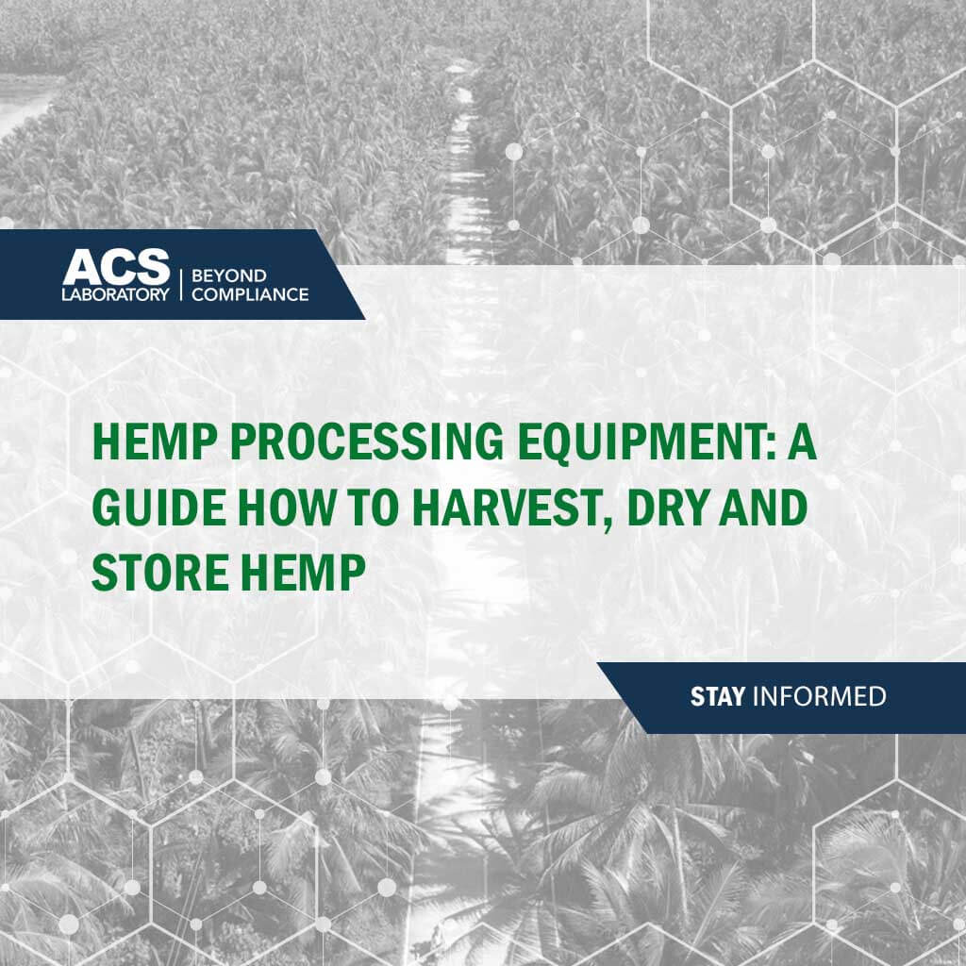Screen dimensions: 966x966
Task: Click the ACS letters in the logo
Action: point(116,267)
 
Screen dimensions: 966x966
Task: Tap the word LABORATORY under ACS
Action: point(115,294)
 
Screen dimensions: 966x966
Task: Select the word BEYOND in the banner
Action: point(228,275)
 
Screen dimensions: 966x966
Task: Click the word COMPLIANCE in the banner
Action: point(249,294)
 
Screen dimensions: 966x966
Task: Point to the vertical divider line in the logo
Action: point(180,285)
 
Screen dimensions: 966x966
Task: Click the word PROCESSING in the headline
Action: point(367,441)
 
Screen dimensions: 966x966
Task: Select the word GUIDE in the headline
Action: point(158,507)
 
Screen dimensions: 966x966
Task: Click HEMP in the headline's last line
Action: point(303,573)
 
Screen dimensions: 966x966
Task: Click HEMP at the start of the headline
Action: point(155,441)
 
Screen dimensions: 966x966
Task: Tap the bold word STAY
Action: point(717,697)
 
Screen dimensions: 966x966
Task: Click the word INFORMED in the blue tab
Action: point(820,697)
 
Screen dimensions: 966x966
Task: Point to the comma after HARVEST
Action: point(606,525)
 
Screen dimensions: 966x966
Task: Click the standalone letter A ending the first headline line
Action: point(802,441)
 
